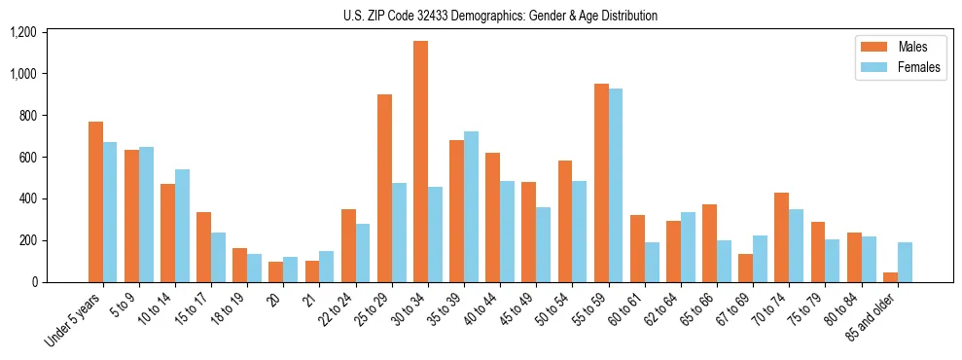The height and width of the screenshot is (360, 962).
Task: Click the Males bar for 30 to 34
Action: point(420,162)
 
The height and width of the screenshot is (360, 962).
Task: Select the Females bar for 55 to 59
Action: point(616,186)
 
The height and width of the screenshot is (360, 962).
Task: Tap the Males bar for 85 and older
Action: point(890,277)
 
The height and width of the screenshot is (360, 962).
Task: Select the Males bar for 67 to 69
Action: point(745,268)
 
